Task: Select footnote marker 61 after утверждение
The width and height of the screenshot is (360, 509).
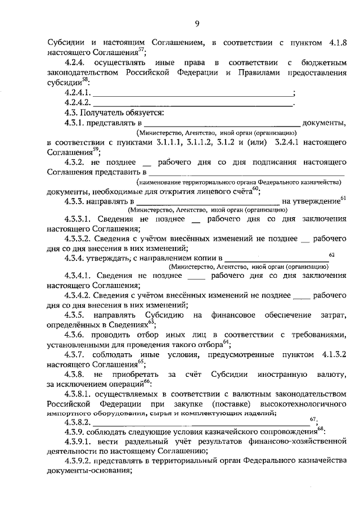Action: (343, 199)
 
